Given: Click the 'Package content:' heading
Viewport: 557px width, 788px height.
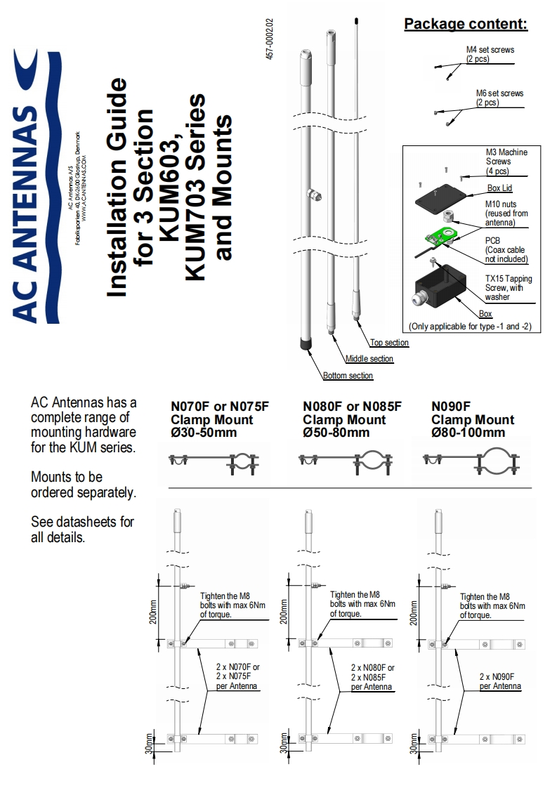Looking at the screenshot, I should pos(465,25).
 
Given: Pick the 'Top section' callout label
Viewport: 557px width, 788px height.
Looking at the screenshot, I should pos(388,343).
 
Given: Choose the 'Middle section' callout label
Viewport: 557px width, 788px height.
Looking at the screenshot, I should pos(369,359).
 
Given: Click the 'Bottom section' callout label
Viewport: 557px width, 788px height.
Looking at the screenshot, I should pos(348,376).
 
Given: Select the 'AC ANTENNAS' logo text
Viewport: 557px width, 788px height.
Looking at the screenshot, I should pos(27,211).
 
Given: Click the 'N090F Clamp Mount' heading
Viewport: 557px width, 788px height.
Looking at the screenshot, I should pos(472,413).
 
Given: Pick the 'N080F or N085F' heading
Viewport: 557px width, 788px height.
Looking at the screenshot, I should pos(352,407).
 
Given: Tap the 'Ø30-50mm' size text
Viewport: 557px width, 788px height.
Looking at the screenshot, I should pos(204,433).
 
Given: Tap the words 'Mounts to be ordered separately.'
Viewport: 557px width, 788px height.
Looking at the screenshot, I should pos(83,485).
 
